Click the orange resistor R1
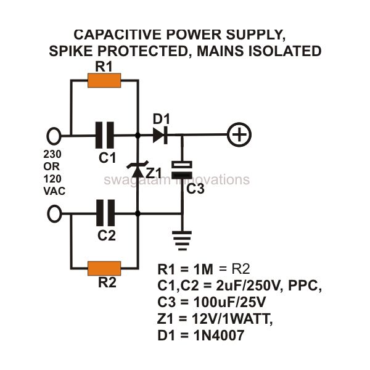click(x=104, y=80)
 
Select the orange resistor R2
click(x=104, y=268)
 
